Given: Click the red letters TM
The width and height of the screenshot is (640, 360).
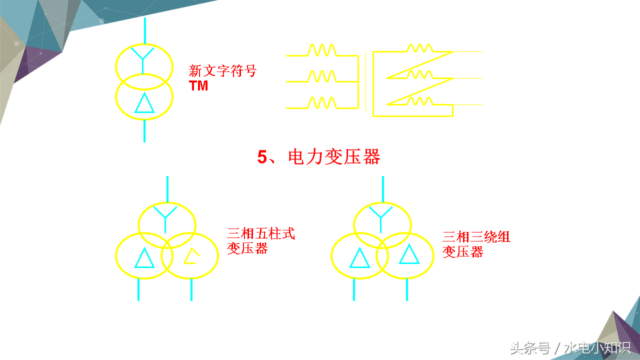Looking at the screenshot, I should point(198,85).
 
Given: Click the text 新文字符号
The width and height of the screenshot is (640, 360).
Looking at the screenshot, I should point(222,71).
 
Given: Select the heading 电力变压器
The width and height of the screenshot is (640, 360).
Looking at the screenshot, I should point(334,157).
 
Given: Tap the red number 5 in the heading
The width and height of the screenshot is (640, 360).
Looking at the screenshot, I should point(262,157).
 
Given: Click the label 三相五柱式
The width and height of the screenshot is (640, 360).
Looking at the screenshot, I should point(261,233).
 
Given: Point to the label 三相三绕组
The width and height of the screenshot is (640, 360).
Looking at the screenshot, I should point(476,236).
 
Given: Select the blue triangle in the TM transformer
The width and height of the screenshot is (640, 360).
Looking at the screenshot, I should point(144,103).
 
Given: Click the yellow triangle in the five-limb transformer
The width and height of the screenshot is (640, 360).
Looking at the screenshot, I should point(191,256).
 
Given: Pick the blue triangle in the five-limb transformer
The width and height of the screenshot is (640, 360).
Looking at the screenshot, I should point(144,257).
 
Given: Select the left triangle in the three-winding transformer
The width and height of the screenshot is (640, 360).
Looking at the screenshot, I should point(359,257).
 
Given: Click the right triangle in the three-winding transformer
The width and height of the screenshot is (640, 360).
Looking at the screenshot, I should point(408,254).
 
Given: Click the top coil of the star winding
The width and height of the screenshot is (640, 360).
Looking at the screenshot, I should point(321,50).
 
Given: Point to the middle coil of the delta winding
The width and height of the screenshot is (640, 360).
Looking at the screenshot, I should point(419,74).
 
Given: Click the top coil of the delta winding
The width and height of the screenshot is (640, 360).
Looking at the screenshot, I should point(419,48).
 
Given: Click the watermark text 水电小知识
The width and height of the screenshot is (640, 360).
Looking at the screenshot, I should point(597,347).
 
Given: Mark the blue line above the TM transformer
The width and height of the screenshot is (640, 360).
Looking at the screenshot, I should point(144,30).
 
